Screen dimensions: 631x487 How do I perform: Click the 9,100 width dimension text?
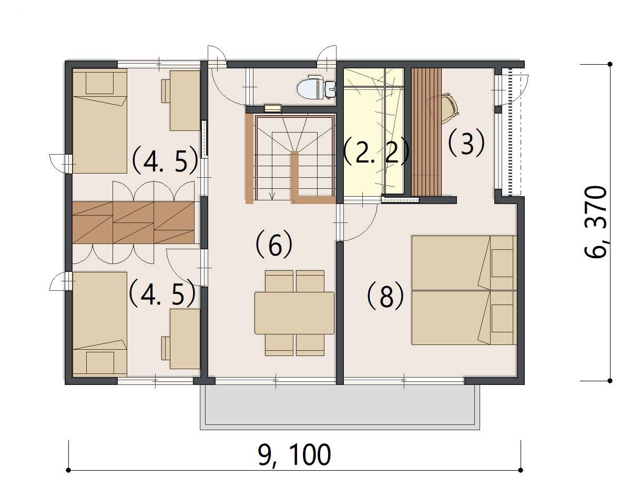point(294,454)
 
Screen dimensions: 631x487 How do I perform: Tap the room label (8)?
point(385,296)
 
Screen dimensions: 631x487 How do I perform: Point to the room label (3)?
point(466,143)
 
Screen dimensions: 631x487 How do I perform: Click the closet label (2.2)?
point(376,153)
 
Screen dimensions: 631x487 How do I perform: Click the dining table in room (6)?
point(294,313)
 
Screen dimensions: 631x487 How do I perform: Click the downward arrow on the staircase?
point(272,195)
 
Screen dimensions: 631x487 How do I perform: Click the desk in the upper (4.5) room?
point(185,100)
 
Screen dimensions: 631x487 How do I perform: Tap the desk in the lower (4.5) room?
point(185,339)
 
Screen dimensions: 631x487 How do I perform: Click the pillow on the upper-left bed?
point(99,83)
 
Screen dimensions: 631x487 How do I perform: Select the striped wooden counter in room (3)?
point(426,132)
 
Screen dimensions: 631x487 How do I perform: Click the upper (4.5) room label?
point(165,161)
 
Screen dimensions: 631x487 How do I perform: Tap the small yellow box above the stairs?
point(273,108)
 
